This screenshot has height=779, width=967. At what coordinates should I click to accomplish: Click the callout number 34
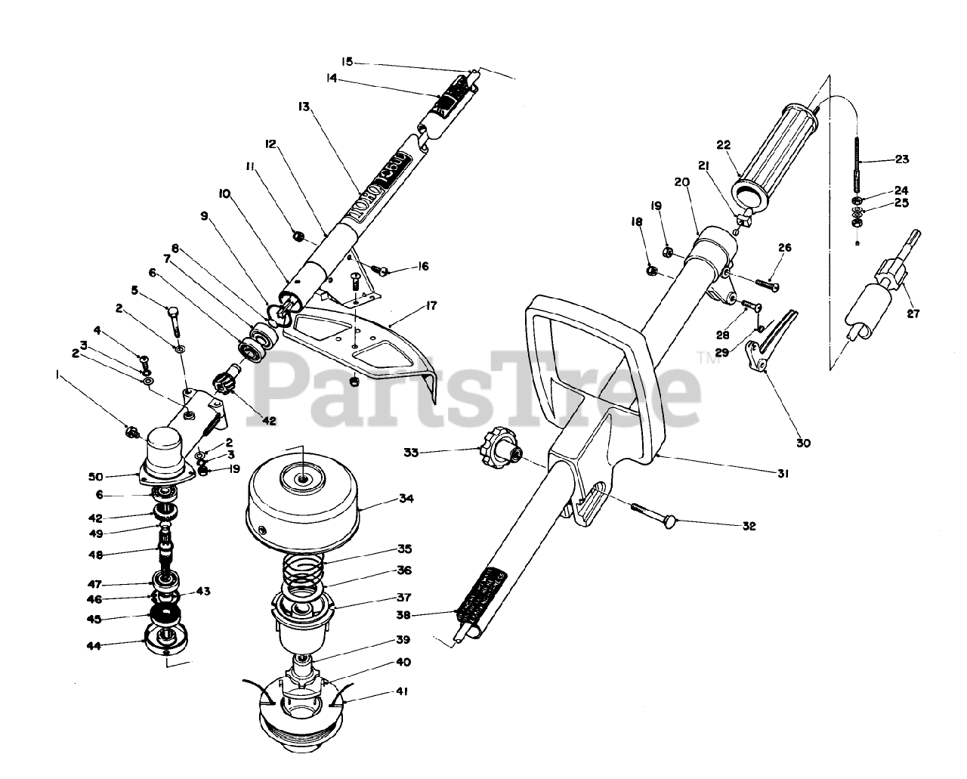[407, 499]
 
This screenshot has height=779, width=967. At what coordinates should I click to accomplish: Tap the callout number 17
[431, 306]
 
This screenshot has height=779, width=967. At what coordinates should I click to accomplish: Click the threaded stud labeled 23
[859, 166]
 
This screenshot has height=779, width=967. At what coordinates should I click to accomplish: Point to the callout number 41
[401, 691]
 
